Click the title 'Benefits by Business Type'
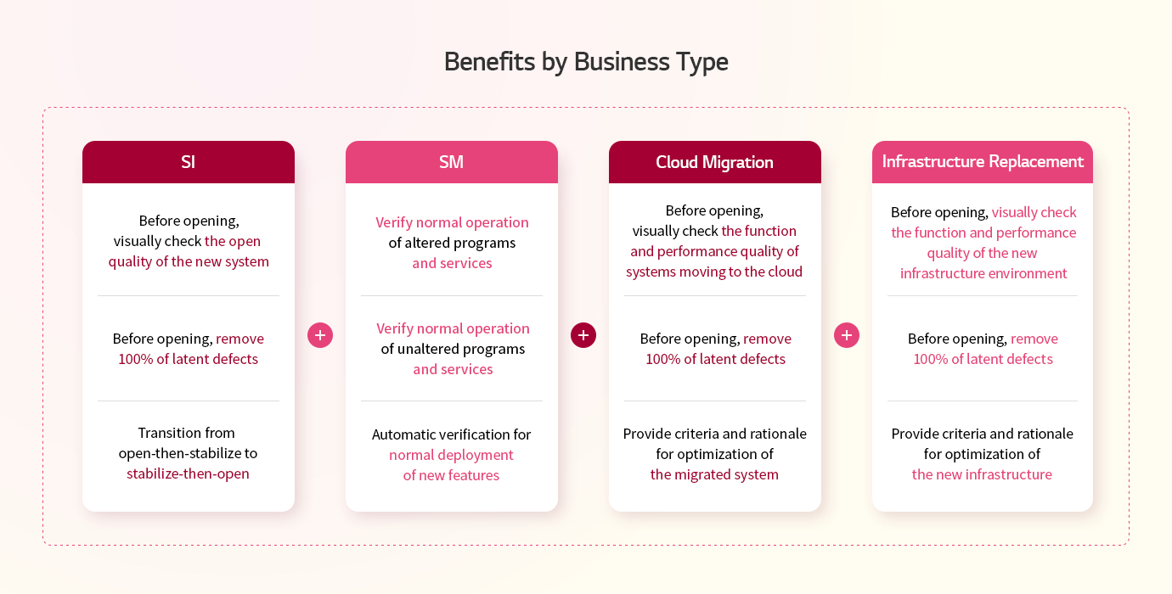(586, 62)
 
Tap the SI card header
(189, 162)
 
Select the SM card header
(452, 162)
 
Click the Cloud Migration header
(715, 162)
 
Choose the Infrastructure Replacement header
(983, 162)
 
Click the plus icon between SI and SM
(320, 335)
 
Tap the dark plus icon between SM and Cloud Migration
(583, 335)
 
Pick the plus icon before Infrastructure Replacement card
(847, 335)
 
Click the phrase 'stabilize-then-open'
(188, 474)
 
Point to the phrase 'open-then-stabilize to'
(188, 453)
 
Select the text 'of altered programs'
(452, 243)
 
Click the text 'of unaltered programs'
(453, 349)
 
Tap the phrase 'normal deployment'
(451, 455)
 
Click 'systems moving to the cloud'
(714, 272)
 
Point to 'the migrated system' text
(714, 474)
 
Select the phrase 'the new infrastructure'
(982, 474)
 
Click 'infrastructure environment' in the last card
(983, 273)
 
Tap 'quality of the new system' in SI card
(189, 261)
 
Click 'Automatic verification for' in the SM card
(451, 434)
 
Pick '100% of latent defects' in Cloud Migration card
(715, 359)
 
